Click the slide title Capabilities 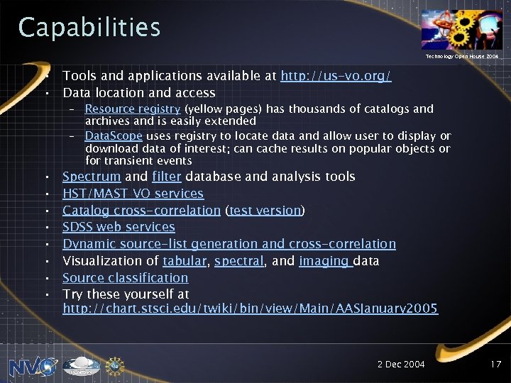pos(89,28)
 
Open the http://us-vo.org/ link pos(336,76)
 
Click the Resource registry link pos(133,109)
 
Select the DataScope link pos(114,136)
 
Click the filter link pos(167,177)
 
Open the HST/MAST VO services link pos(133,194)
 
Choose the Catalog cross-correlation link pos(141,210)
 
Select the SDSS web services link pos(119,227)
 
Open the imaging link pos(325,261)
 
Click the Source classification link pos(125,278)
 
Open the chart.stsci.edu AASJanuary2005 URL pos(250,309)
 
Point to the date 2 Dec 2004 pos(401,365)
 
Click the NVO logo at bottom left pos(33,366)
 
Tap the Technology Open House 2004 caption pos(461,55)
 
